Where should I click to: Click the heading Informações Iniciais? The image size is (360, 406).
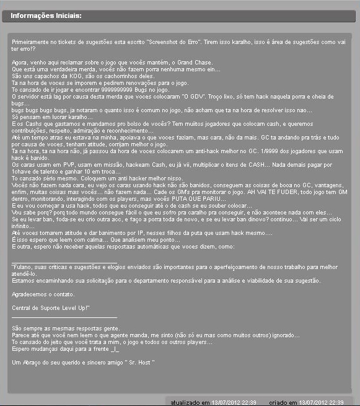pos(46,15)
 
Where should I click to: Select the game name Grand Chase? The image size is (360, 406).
pos(195,63)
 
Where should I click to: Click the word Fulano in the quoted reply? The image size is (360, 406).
pos(24,265)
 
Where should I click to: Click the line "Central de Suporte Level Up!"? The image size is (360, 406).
pos(51,307)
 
